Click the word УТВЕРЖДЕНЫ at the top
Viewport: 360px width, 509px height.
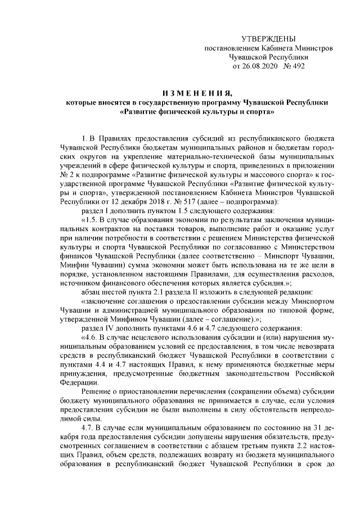point(268,38)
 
